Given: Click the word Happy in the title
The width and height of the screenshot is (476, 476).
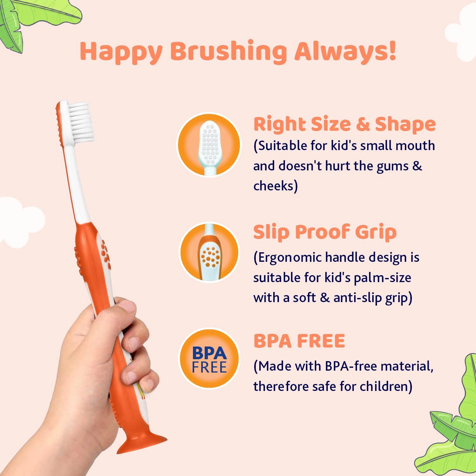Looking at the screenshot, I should (121, 52).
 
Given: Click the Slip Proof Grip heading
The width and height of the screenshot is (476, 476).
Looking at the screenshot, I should (325, 232).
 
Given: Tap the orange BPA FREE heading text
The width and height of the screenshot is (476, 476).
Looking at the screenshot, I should (299, 341).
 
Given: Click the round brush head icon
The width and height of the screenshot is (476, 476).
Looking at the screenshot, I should (209, 145).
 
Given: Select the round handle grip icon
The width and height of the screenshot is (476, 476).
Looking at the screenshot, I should (209, 253).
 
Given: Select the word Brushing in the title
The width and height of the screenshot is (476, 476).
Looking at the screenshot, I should (228, 52).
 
